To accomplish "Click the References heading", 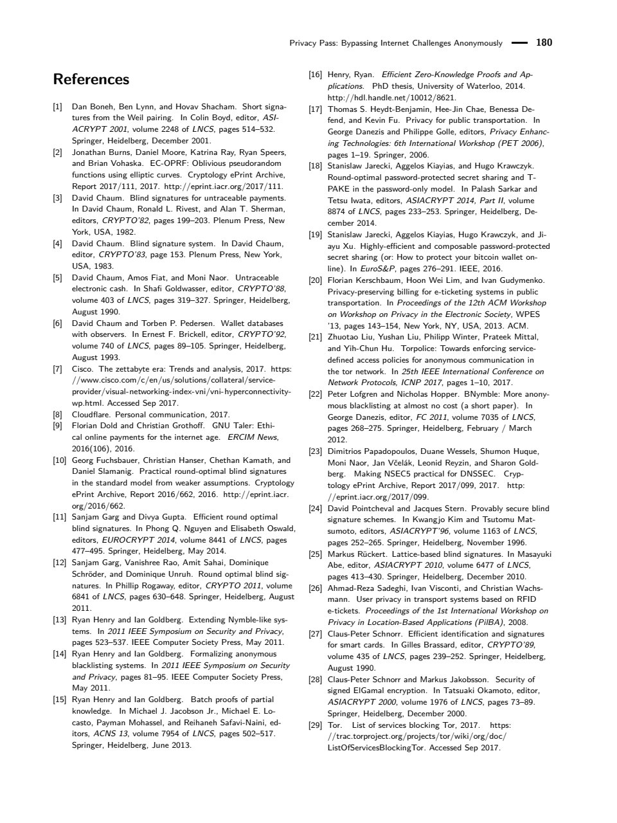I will (91, 80).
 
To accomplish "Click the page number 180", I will (544, 43).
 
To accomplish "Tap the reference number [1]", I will (58, 107).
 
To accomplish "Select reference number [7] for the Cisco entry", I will (58, 369).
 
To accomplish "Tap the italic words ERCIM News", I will (253, 437).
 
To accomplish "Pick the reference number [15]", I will (60, 700).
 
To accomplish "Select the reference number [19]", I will (316, 235).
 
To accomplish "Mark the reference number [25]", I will (316, 554).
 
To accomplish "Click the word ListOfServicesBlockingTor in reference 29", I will (374, 748).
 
